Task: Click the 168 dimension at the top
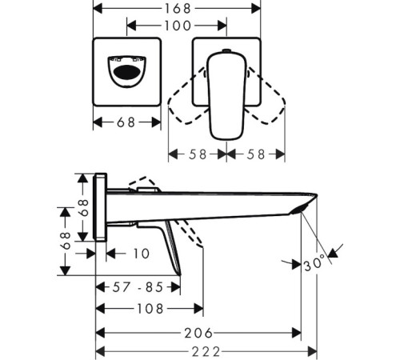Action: coord(177,10)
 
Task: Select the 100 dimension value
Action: coord(178,26)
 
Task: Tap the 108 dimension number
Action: coord(150,307)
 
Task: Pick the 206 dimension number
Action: coord(198,333)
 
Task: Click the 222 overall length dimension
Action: coord(205,351)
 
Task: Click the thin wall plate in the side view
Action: coord(102,206)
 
